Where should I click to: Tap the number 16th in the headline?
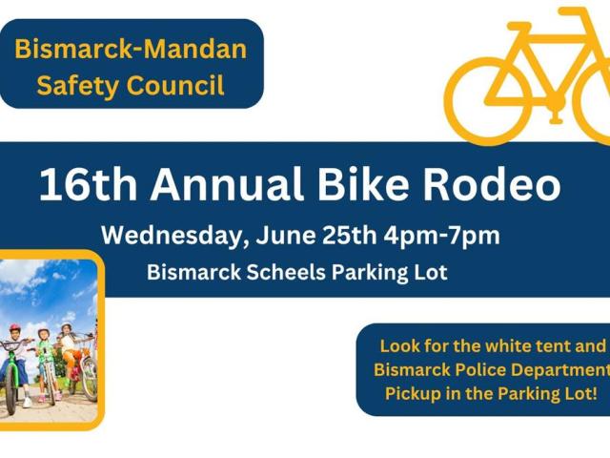(88, 183)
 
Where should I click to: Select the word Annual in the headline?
(227, 183)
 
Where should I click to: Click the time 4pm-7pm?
(441, 237)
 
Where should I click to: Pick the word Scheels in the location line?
(286, 272)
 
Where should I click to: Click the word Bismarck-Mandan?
(131, 50)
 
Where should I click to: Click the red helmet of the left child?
(15, 327)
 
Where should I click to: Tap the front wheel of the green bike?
(10, 393)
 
